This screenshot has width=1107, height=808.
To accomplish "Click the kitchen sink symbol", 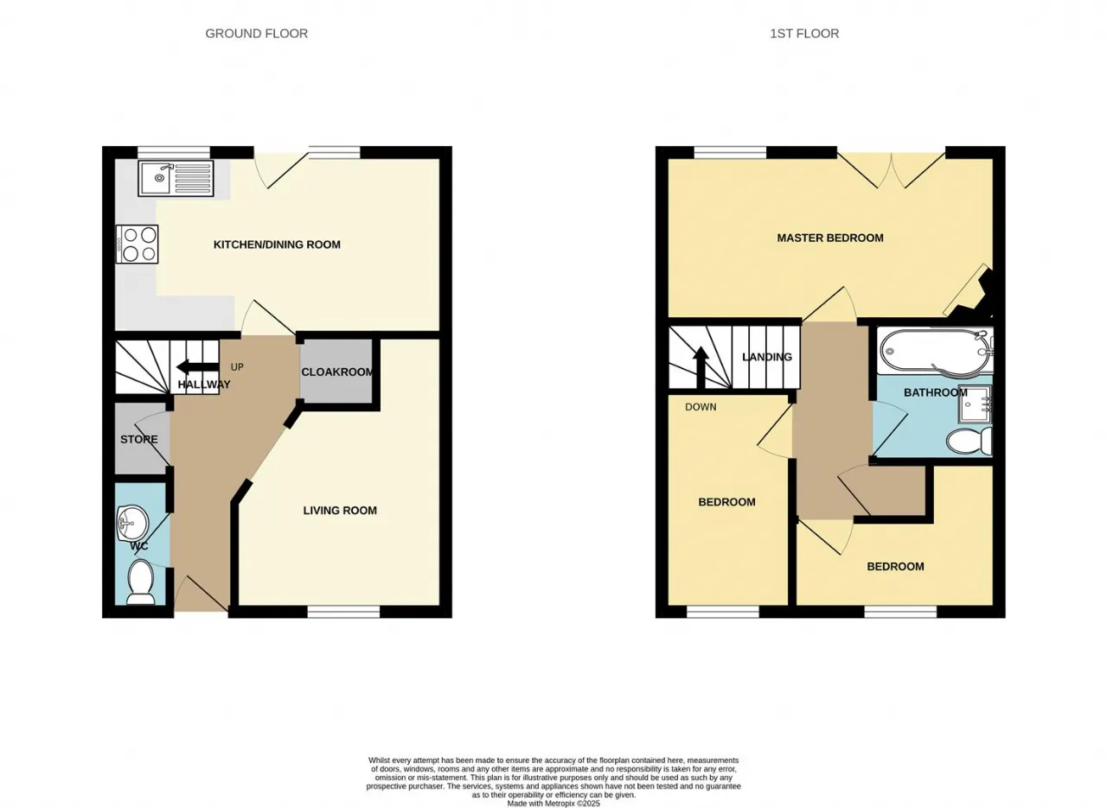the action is pyautogui.click(x=176, y=178).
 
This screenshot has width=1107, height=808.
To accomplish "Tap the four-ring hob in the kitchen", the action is pyautogui.click(x=138, y=244).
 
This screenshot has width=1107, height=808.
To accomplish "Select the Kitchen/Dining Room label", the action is pyautogui.click(x=277, y=245).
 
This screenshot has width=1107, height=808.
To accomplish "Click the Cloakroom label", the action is pyautogui.click(x=337, y=372).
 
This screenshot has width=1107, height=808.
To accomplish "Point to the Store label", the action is pyautogui.click(x=139, y=439).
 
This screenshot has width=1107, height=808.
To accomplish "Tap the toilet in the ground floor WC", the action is pyautogui.click(x=140, y=582).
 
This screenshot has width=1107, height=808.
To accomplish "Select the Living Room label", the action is pyautogui.click(x=340, y=510).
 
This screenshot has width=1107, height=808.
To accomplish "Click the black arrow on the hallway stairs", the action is pyautogui.click(x=197, y=367).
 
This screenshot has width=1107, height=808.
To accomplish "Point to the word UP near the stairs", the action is pyautogui.click(x=237, y=367).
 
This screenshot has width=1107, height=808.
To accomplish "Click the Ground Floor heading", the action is pyautogui.click(x=257, y=34).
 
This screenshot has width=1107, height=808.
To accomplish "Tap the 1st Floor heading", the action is pyautogui.click(x=804, y=34).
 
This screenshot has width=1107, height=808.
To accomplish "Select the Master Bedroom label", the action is pyautogui.click(x=830, y=238).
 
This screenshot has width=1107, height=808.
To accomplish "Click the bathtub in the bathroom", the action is pyautogui.click(x=935, y=351).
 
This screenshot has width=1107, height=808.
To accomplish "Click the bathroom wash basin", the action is pyautogui.click(x=975, y=404).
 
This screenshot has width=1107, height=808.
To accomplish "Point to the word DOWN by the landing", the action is pyautogui.click(x=701, y=407).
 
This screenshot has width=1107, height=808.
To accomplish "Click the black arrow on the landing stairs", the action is pyautogui.click(x=701, y=368).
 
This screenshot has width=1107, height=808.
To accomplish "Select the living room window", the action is pyautogui.click(x=343, y=613).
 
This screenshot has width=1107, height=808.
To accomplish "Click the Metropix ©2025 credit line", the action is pyautogui.click(x=553, y=804).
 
